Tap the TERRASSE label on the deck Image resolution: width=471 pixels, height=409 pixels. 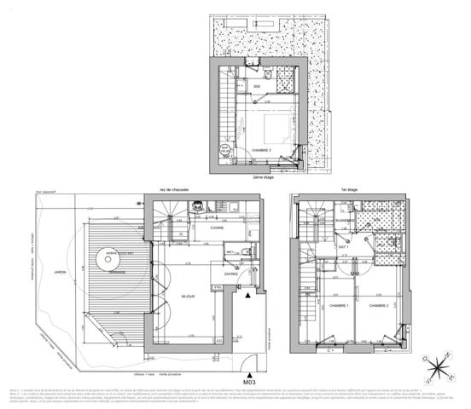pyautogui.click(x=116, y=273)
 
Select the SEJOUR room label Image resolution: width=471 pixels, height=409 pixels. pyautogui.click(x=188, y=296)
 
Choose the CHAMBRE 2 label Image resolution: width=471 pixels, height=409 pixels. pyautogui.click(x=381, y=305)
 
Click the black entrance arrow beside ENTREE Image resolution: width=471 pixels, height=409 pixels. pyautogui.click(x=248, y=295)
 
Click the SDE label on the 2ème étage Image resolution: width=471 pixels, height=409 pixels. pyautogui.click(x=257, y=86)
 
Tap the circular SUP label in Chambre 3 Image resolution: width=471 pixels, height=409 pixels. pyautogui.click(x=226, y=148)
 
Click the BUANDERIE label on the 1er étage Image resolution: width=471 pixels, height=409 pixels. pyautogui.click(x=345, y=219)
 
